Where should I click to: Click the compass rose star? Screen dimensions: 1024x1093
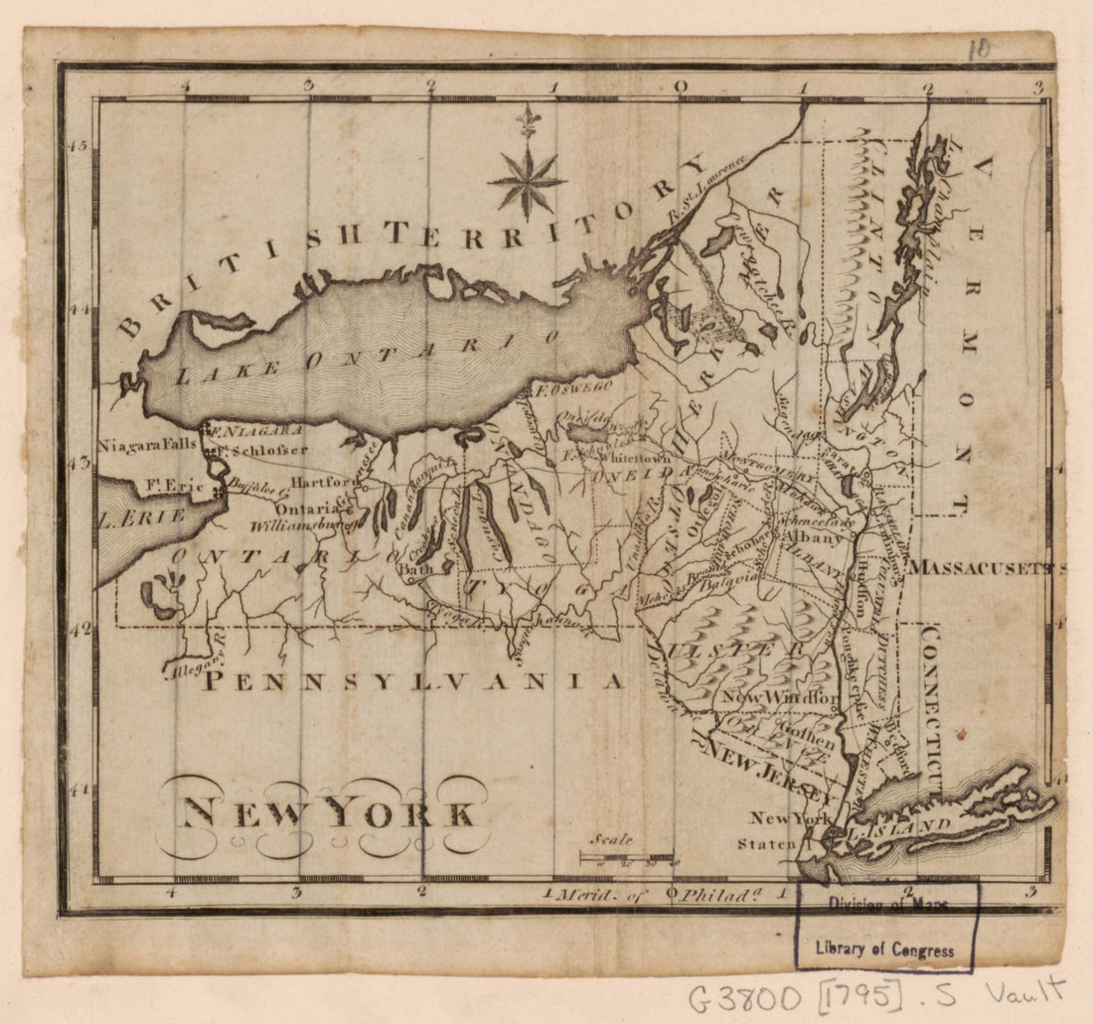tap(527, 181)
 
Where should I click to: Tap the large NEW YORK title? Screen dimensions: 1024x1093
tap(326, 813)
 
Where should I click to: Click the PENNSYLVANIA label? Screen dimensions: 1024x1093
tap(413, 681)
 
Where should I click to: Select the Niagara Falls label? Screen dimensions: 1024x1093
tap(147, 446)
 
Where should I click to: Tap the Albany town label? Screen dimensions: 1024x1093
tap(813, 536)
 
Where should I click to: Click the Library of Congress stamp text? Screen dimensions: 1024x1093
tap(884, 950)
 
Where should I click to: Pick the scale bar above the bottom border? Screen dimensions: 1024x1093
tap(626, 856)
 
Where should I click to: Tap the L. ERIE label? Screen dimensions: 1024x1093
tap(141, 517)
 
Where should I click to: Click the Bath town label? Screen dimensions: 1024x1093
tap(413, 570)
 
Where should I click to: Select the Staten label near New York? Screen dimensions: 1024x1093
tap(766, 844)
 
